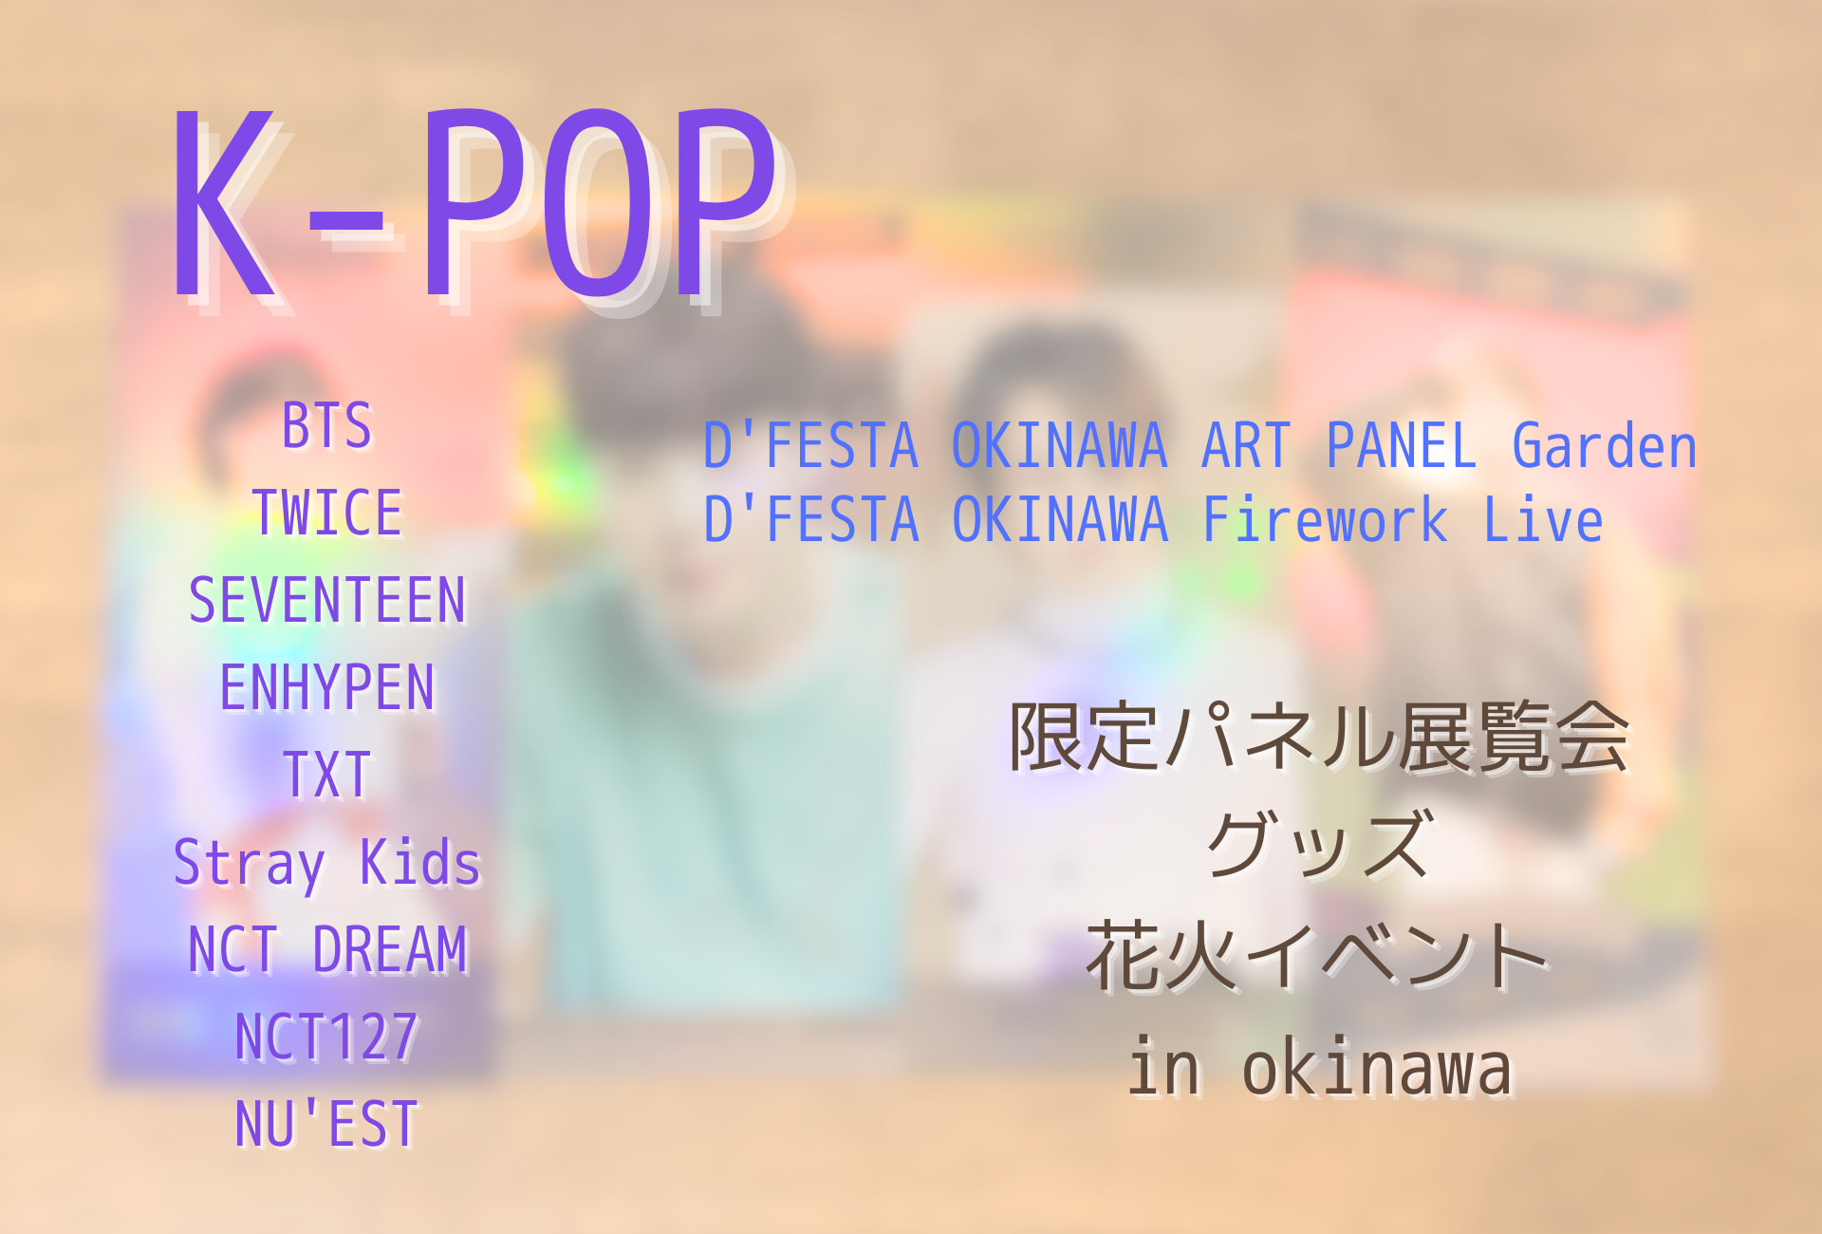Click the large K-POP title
click(x=474, y=204)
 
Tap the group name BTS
click(x=327, y=425)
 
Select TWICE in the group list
click(x=327, y=513)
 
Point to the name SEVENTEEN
click(x=327, y=600)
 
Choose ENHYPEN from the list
click(x=327, y=687)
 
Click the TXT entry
click(x=327, y=775)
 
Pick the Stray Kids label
click(x=327, y=864)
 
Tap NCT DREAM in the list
click(x=327, y=949)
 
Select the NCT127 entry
click(x=327, y=1037)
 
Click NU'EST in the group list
click(x=327, y=1124)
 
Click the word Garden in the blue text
click(x=1604, y=445)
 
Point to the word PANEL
click(x=1402, y=445)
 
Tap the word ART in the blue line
click(x=1247, y=445)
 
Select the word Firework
click(x=1325, y=519)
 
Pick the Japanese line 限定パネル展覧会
click(x=1319, y=738)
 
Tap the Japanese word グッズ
click(x=1319, y=845)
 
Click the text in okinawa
click(x=1319, y=1066)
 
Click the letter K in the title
click(x=224, y=204)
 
